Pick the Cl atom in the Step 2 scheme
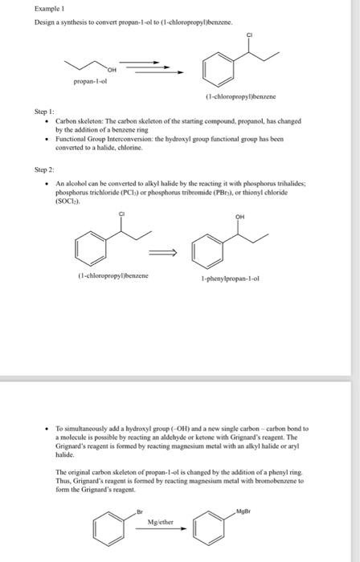(121, 213)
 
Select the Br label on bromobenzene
(139, 511)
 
